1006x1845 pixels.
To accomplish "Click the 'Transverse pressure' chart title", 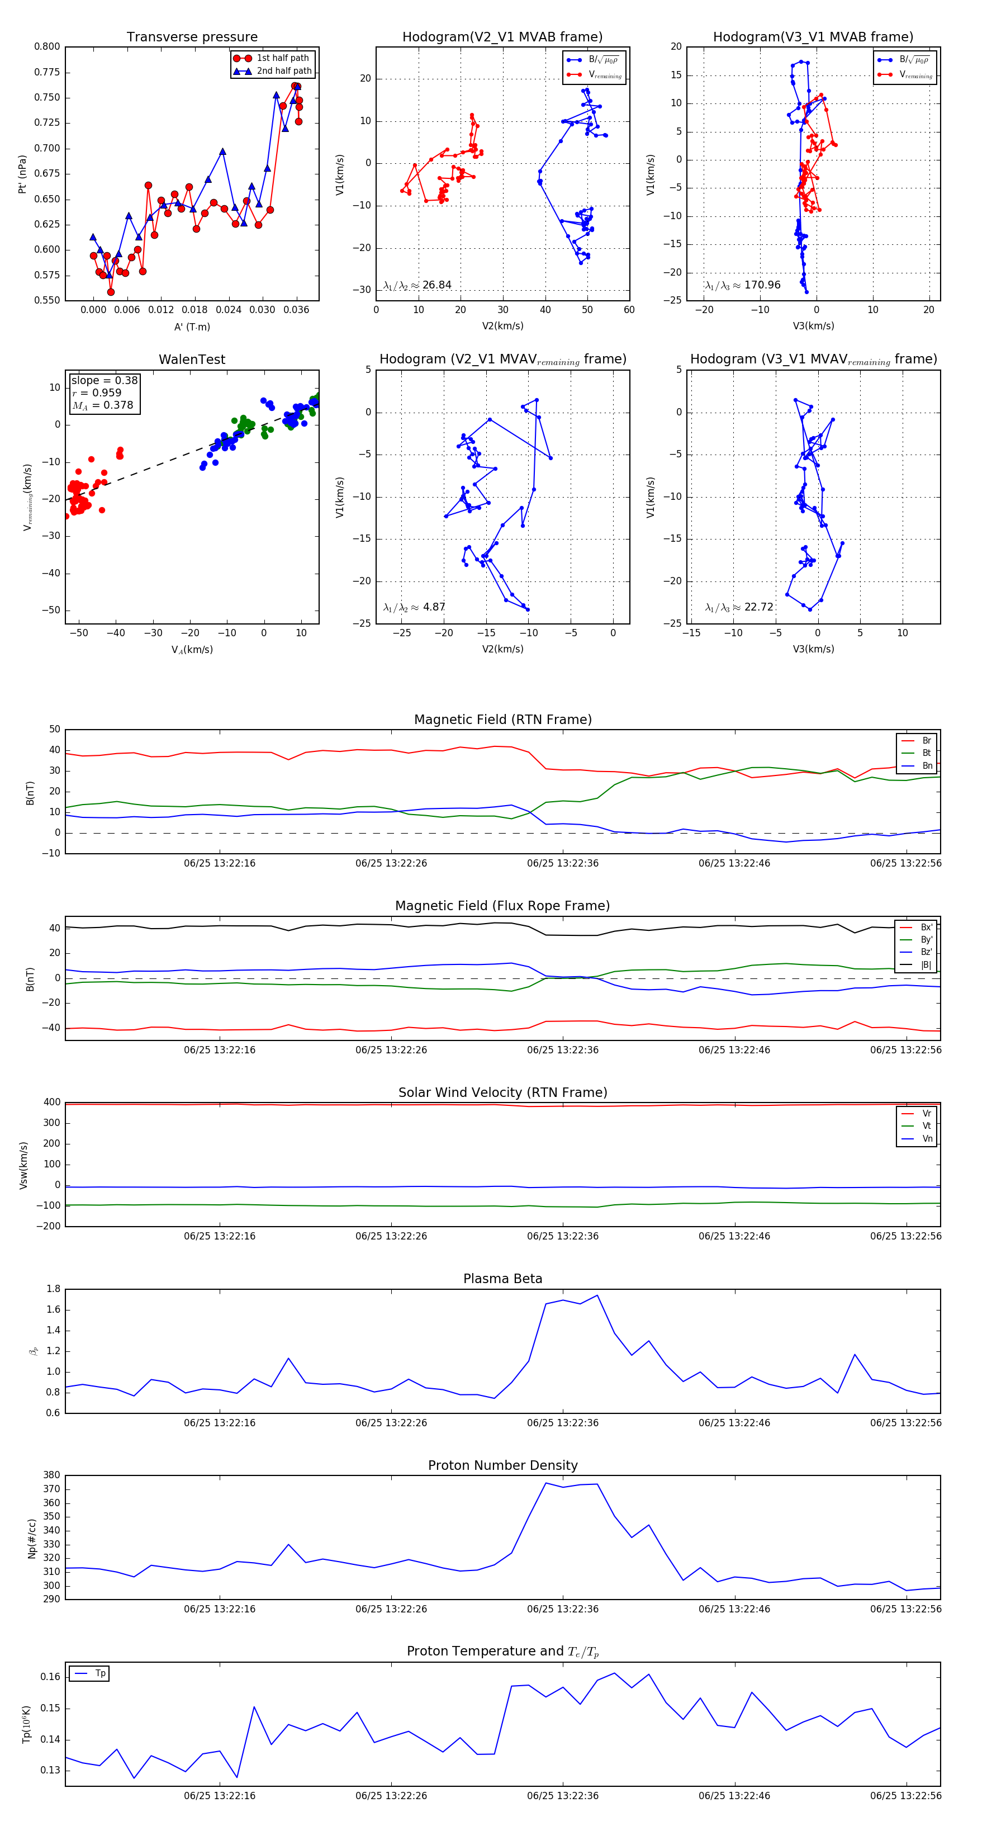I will coord(192,37).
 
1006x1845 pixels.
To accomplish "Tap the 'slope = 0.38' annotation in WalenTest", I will coord(104,380).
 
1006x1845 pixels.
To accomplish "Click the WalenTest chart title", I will coord(192,359).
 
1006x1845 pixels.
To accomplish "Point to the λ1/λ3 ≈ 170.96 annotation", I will coord(743,285).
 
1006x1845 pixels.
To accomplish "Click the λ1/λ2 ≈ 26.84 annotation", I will coord(417,285).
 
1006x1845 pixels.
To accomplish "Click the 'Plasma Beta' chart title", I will coord(502,1279).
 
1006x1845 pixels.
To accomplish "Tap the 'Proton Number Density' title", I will coord(502,1465).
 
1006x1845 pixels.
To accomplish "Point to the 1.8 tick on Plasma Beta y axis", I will coord(53,1289).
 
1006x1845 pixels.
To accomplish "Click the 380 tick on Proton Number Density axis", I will coord(51,1475).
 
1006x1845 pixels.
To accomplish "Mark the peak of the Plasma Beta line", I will coord(597,1295).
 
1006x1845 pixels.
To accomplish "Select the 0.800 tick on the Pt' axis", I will coord(46,46).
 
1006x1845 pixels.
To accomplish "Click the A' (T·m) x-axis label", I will coord(192,327).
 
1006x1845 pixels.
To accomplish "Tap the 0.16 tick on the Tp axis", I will coord(50,1677).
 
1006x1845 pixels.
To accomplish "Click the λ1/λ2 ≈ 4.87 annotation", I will coord(415,607).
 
